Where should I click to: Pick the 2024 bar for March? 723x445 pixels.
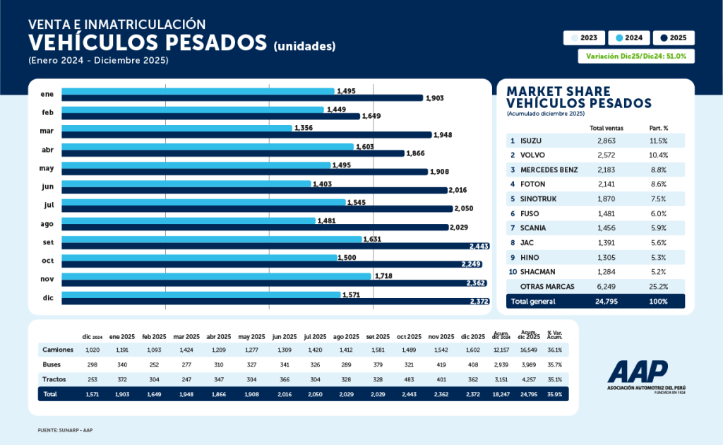point(177,128)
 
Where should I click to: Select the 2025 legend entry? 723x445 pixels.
point(673,38)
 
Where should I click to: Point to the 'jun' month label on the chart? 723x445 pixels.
point(48,186)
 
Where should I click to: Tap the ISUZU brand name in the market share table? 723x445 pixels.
point(531,141)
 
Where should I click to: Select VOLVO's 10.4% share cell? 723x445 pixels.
point(658,155)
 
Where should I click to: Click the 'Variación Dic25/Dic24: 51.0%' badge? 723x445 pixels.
point(636,56)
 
